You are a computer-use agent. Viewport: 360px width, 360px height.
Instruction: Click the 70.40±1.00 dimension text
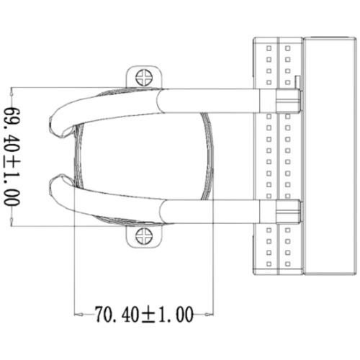point(144,314)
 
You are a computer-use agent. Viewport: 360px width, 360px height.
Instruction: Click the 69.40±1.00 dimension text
point(12,157)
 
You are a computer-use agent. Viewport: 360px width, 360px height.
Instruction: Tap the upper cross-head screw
point(144,77)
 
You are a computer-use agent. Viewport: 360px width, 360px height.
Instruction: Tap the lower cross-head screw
point(144,235)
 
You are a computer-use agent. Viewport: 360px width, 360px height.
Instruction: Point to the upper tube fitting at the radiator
point(289,101)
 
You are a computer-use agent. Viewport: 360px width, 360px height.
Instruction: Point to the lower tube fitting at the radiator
point(289,212)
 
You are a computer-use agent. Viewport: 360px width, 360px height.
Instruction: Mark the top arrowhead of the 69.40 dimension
point(12,92)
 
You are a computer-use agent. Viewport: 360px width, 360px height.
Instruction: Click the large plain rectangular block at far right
point(330,156)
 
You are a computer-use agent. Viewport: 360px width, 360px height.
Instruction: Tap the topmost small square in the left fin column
point(269,48)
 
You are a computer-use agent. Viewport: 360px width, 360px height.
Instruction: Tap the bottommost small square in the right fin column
point(288,264)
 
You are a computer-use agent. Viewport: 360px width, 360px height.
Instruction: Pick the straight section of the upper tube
point(209,101)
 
